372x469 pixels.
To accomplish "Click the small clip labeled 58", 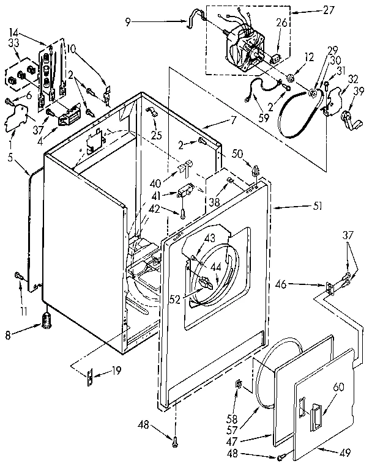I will coord(240,385).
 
